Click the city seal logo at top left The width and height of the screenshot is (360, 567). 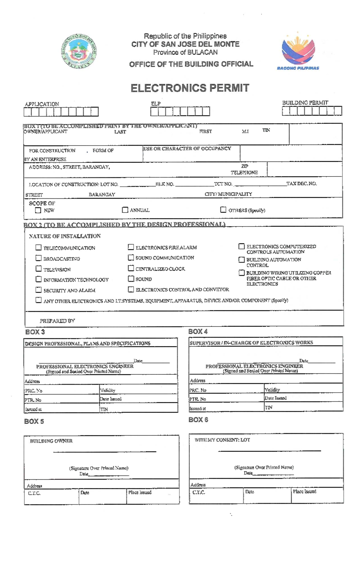(x=79, y=51)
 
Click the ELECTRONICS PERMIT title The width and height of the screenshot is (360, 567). (x=190, y=88)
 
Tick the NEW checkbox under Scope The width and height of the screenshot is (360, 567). (x=38, y=210)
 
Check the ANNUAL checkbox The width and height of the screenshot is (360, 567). (x=125, y=210)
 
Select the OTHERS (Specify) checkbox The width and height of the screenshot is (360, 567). (x=223, y=210)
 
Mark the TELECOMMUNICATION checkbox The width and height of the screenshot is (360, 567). (x=38, y=247)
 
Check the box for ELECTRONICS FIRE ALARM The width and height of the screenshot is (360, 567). (x=131, y=247)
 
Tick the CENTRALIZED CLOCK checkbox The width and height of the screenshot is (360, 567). (x=131, y=268)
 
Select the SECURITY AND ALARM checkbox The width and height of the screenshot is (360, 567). (x=38, y=290)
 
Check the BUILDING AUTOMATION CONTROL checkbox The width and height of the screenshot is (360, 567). (x=241, y=259)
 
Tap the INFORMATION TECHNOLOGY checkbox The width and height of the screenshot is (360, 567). (x=38, y=279)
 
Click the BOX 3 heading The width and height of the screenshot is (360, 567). (x=35, y=332)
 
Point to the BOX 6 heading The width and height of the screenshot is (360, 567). (x=198, y=420)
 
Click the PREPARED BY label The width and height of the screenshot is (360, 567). (x=57, y=321)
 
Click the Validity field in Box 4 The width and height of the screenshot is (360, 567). (x=303, y=390)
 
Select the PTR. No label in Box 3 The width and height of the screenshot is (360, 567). (x=33, y=400)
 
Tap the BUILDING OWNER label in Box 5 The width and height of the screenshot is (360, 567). (x=51, y=441)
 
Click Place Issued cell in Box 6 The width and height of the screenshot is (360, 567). (x=317, y=495)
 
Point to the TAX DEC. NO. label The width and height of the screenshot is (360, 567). (x=301, y=183)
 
